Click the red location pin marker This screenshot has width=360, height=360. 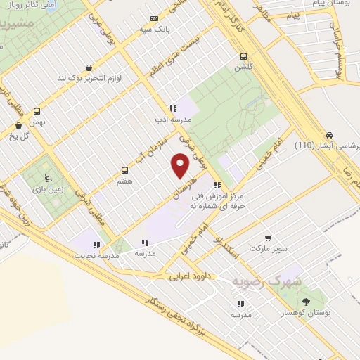pyautogui.click(x=181, y=166)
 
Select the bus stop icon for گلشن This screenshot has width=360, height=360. pyautogui.click(x=243, y=56)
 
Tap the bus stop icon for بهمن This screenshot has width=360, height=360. pyautogui.click(x=37, y=110)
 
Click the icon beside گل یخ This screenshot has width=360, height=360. pyautogui.click(x=18, y=126)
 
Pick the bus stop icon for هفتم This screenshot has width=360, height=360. pyautogui.click(x=125, y=169)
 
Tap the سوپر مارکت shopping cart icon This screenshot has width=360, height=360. pyautogui.click(x=267, y=238)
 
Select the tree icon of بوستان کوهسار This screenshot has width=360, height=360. pyautogui.click(x=307, y=302)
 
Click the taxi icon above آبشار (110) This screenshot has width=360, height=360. pyautogui.click(x=328, y=136)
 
